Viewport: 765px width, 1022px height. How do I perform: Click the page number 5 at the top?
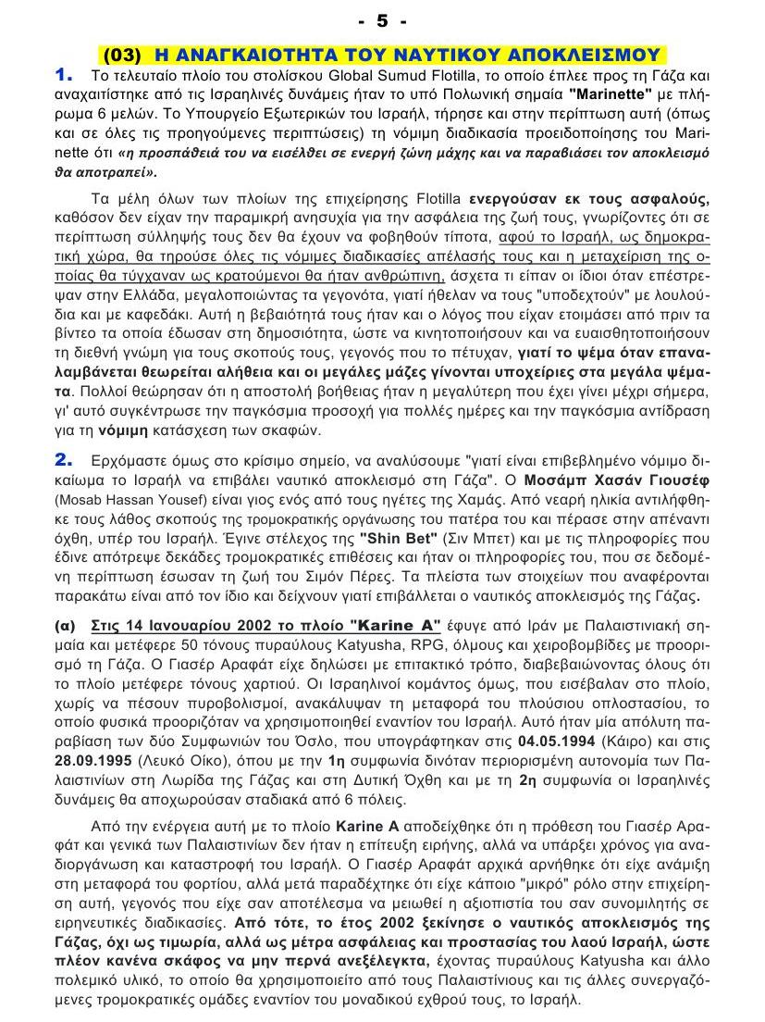pos(382,19)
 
